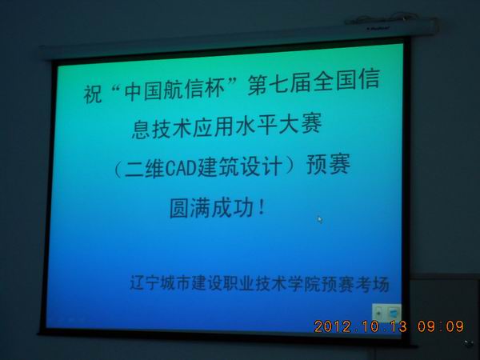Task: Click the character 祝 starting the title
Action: [x=93, y=94]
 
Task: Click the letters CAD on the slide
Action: [x=182, y=168]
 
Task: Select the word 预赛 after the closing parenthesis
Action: [x=328, y=164]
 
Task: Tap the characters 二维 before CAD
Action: [x=144, y=168]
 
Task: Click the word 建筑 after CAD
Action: [x=218, y=167]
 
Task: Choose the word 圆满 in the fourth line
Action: [x=190, y=209]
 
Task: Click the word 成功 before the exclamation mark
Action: [x=233, y=208]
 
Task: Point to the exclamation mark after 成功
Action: [x=261, y=207]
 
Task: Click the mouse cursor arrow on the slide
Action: [x=320, y=219]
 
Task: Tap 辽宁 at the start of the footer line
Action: [x=145, y=282]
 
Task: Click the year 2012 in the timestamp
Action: [x=332, y=326]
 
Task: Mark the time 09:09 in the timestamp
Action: [x=441, y=326]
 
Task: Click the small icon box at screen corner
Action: [x=386, y=313]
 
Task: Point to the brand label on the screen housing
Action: [x=378, y=29]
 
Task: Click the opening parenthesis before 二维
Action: [x=118, y=169]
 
